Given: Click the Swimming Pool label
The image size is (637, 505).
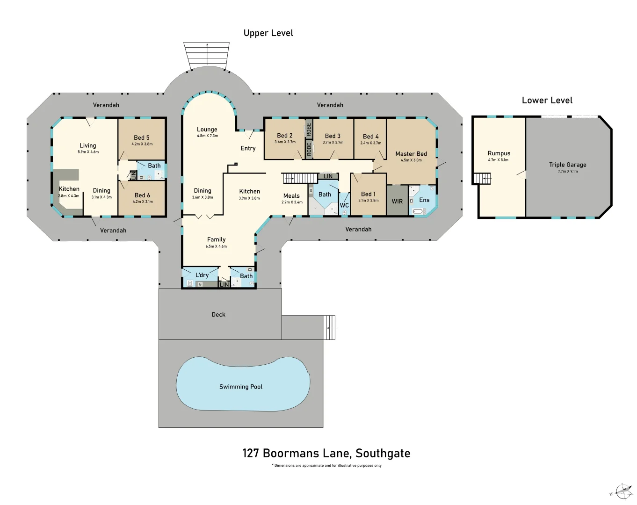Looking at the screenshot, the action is click(x=241, y=387).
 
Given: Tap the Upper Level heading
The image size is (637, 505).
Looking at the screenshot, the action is click(x=268, y=33).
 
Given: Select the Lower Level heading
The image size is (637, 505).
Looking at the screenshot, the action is click(x=547, y=101).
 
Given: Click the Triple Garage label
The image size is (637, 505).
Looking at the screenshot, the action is click(x=567, y=165).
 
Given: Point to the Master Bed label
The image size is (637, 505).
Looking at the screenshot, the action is click(x=411, y=154).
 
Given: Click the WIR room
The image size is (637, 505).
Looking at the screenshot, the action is click(x=397, y=202).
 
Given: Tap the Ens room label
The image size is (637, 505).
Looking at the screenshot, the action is click(x=424, y=200).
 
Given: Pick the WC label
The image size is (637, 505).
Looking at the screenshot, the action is click(x=344, y=205).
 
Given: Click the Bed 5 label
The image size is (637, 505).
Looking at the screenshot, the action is click(x=142, y=137).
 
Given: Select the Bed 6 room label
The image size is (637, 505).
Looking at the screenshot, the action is click(x=142, y=195).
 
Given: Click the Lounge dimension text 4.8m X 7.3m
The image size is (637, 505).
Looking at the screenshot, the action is click(x=207, y=136).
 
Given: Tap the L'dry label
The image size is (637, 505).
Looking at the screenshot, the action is click(x=202, y=275).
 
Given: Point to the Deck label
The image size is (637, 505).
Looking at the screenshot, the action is click(x=218, y=315).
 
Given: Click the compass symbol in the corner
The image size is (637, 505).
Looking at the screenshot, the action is click(x=623, y=492).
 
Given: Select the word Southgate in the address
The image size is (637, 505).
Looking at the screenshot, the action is click(x=383, y=453).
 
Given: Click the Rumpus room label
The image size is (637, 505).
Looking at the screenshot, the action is click(x=499, y=153).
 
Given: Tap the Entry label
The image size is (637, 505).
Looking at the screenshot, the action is click(x=248, y=148).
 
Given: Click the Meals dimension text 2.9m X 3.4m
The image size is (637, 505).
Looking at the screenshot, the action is click(x=292, y=202).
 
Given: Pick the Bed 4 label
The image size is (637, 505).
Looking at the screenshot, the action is click(x=371, y=137).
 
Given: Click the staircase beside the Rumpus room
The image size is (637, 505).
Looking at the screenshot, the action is click(x=482, y=179).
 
